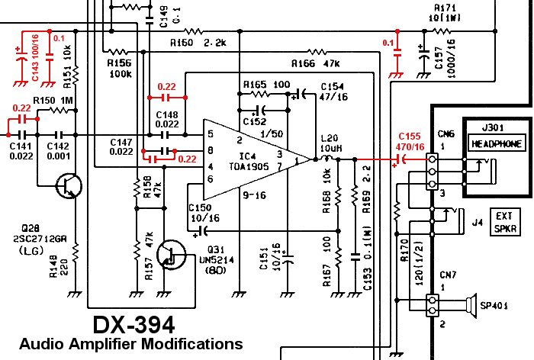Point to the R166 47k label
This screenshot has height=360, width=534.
tap(314, 63)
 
